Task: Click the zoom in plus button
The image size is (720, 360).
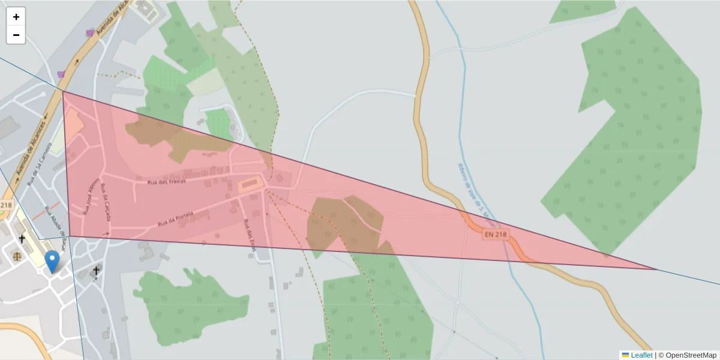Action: click(16, 17)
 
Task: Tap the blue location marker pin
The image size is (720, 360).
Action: click(52, 262)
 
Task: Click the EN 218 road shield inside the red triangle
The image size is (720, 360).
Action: click(496, 235)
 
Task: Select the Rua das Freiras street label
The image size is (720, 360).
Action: click(167, 180)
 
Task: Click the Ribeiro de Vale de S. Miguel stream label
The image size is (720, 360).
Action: click(469, 187)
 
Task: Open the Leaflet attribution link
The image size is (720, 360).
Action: click(641, 355)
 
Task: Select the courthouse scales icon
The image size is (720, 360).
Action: click(16, 256)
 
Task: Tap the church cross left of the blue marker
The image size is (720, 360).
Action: click(22, 239)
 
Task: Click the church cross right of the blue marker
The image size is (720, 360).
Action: click(95, 271)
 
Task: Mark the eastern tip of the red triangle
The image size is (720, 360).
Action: click(656, 269)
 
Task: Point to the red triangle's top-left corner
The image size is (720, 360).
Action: click(63, 92)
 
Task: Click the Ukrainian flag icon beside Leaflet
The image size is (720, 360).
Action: click(625, 355)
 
